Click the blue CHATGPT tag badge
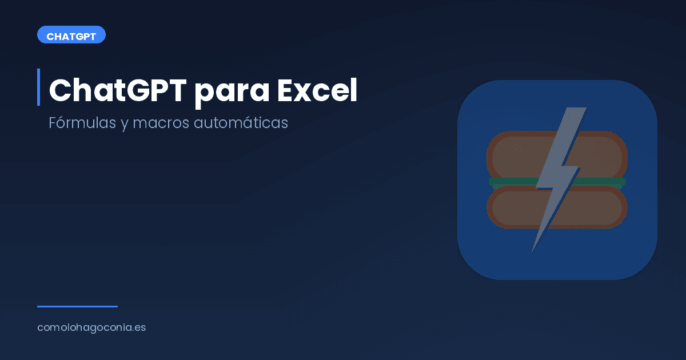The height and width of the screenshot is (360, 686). click(71, 35)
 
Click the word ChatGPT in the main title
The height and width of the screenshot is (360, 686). click(117, 90)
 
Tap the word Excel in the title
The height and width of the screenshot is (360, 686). click(317, 90)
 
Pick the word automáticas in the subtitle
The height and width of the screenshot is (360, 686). click(241, 123)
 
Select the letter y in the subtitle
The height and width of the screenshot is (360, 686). click(124, 125)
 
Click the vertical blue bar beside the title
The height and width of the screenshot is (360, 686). click(38, 87)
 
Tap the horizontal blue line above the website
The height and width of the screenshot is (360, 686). click(77, 306)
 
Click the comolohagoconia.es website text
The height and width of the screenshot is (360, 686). click(91, 328)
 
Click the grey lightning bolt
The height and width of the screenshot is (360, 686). click(557, 171)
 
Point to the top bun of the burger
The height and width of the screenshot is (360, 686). click(514, 154)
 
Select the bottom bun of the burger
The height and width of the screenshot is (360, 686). click(514, 208)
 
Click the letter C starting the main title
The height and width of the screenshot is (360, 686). click(60, 90)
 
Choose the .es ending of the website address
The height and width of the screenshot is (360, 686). click(139, 328)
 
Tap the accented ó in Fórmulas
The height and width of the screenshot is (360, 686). click(63, 123)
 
